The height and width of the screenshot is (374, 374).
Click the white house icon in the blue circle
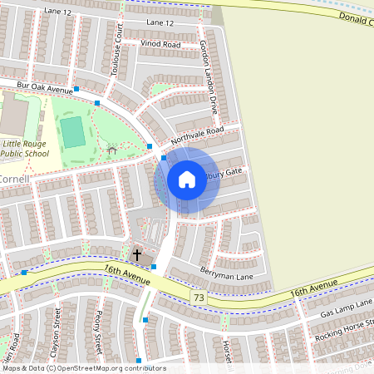tap(187, 180)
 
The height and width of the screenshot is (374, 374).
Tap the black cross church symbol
tap(137, 255)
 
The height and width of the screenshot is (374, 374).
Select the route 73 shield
tap(197, 297)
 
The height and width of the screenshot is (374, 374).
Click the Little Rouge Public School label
tap(23, 148)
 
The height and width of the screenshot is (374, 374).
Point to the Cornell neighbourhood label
tap(15, 179)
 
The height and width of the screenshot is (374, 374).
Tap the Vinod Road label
tap(160, 44)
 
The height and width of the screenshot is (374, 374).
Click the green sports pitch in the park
tap(73, 131)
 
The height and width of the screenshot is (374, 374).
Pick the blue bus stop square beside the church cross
tap(154, 267)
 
